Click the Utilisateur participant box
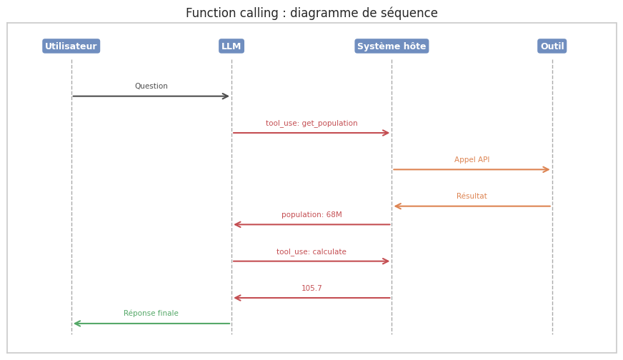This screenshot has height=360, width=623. point(71,46)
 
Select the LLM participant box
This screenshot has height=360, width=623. point(231,46)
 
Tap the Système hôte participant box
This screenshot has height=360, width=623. point(392,46)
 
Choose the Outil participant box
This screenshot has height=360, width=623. point(552,46)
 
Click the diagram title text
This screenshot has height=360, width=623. point(311,13)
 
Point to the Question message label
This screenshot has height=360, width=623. point(151,86)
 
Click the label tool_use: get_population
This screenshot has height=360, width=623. point(311,124)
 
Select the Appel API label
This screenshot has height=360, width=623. point(472,160)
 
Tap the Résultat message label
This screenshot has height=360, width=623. point(472,196)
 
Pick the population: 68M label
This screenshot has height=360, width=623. point(311,215)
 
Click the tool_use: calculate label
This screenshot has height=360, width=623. point(311,252)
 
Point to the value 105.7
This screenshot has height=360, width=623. point(311,289)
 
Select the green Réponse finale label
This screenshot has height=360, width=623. point(151,314)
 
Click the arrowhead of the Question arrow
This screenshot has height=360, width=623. point(226,96)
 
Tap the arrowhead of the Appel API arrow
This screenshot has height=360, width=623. point(547,170)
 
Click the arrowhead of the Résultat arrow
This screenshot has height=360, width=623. point(397,206)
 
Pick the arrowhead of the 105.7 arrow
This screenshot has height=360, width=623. point(237,298)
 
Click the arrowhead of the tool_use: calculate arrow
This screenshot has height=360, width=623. point(386,261)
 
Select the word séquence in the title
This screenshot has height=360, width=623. point(409,13)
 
